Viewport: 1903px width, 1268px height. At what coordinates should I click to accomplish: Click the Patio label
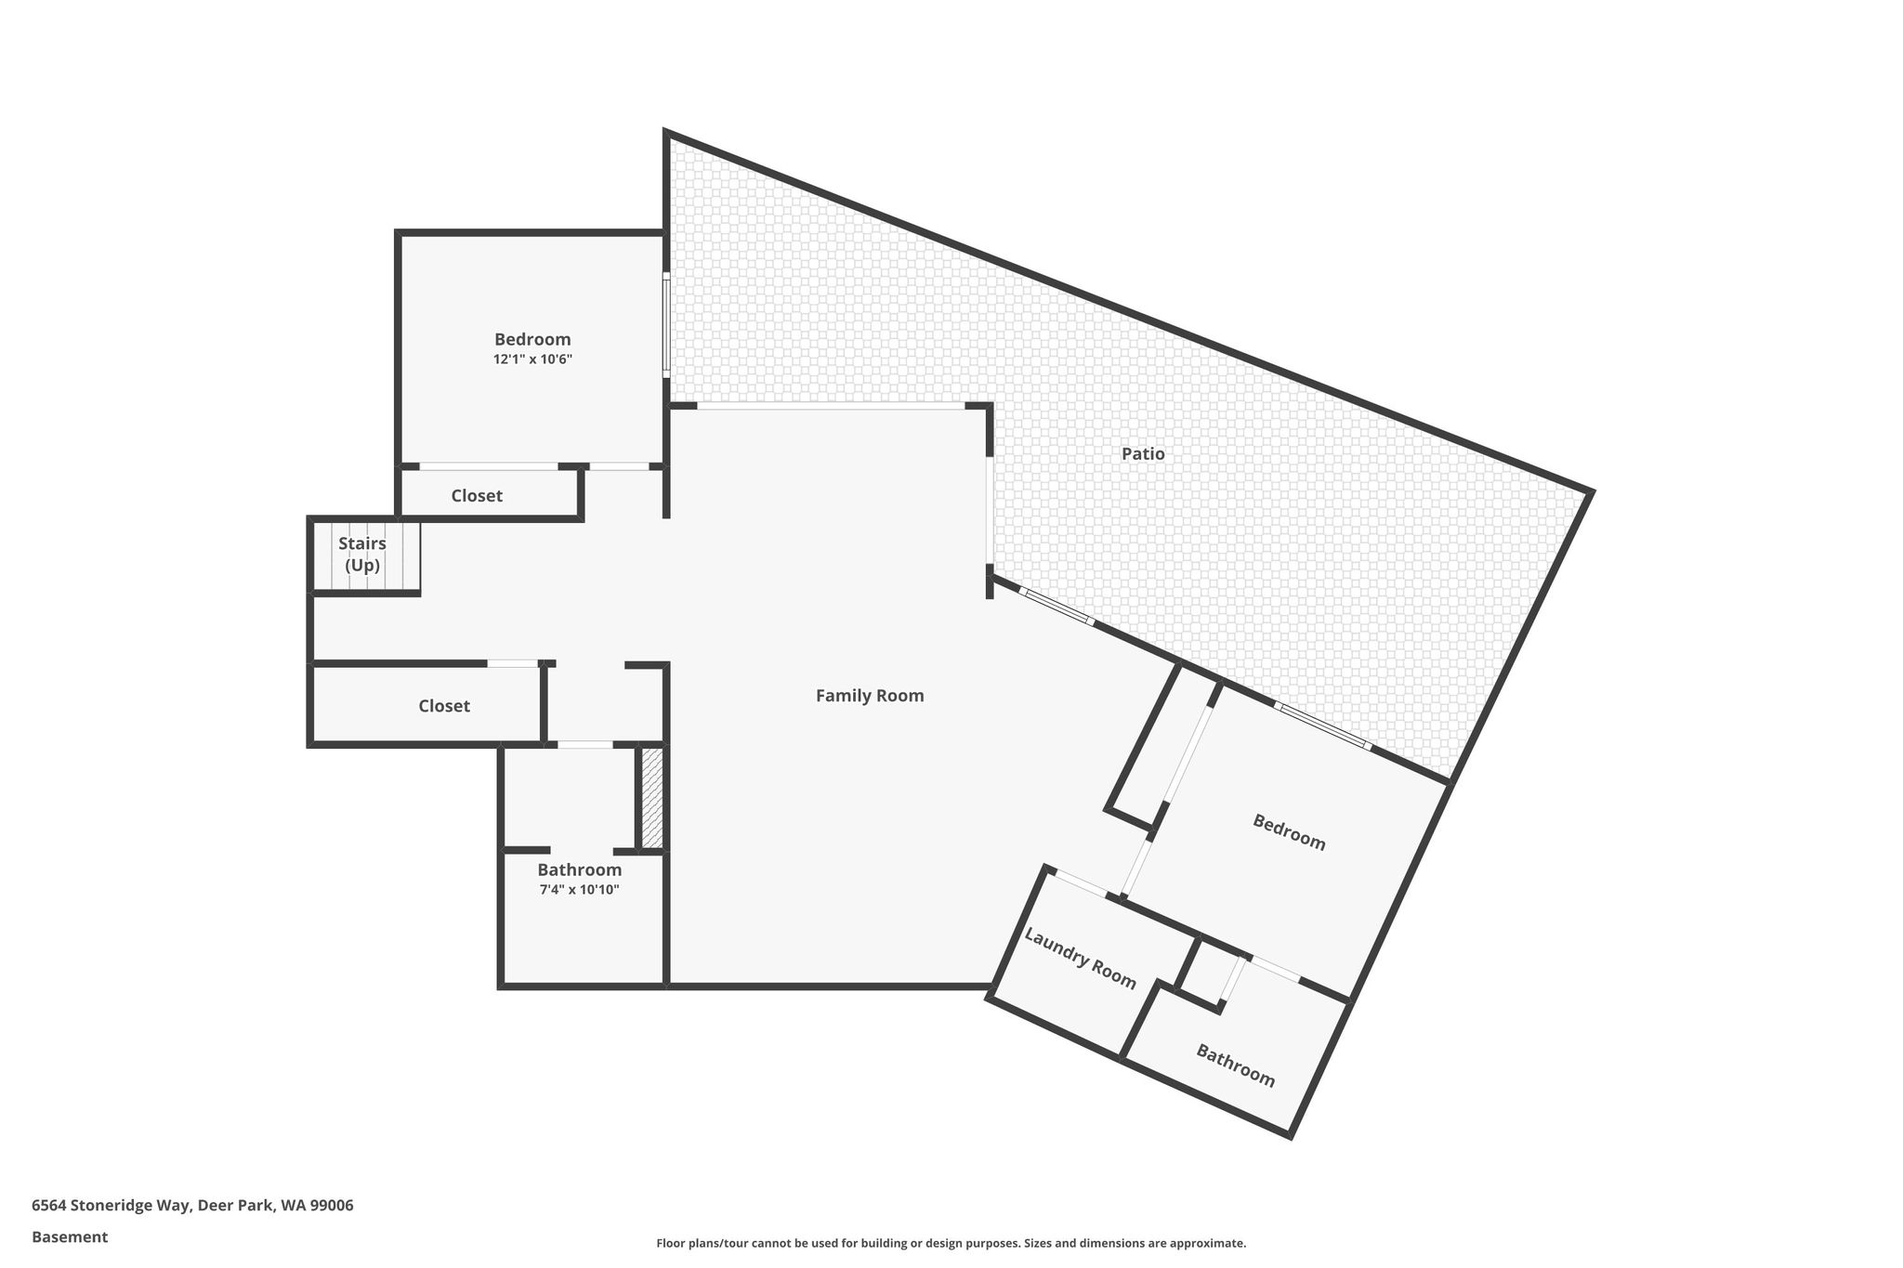1143,454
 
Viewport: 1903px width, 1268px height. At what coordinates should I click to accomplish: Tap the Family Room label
870,696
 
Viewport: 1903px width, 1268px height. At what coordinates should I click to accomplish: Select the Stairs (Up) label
362,555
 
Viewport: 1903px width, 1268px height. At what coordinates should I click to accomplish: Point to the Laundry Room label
1080,958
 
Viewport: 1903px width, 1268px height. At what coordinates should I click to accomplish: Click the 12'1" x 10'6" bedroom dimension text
532,359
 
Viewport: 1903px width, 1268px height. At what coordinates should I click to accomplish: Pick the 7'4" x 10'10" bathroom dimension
579,890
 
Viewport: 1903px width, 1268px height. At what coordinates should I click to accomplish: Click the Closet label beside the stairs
477,496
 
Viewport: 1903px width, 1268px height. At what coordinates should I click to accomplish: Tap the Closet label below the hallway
444,706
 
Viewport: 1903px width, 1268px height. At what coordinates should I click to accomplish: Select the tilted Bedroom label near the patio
1289,832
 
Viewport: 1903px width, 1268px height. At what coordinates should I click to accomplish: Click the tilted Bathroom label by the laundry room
1235,1065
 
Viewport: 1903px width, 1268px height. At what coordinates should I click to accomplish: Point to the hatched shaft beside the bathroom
652,798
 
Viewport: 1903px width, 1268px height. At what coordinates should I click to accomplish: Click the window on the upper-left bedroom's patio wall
666,324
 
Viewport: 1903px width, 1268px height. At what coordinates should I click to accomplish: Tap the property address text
192,1205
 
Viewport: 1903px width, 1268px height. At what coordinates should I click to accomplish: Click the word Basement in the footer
70,1236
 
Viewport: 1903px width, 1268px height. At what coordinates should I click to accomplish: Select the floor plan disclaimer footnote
951,1243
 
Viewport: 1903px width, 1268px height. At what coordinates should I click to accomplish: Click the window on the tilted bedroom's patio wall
1322,726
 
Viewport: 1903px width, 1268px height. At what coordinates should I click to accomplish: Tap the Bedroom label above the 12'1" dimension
532,339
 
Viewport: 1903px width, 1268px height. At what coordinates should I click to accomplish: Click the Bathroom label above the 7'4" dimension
579,870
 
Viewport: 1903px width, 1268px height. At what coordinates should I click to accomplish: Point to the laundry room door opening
1081,883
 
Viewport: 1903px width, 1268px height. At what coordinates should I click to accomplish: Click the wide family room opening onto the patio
831,407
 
